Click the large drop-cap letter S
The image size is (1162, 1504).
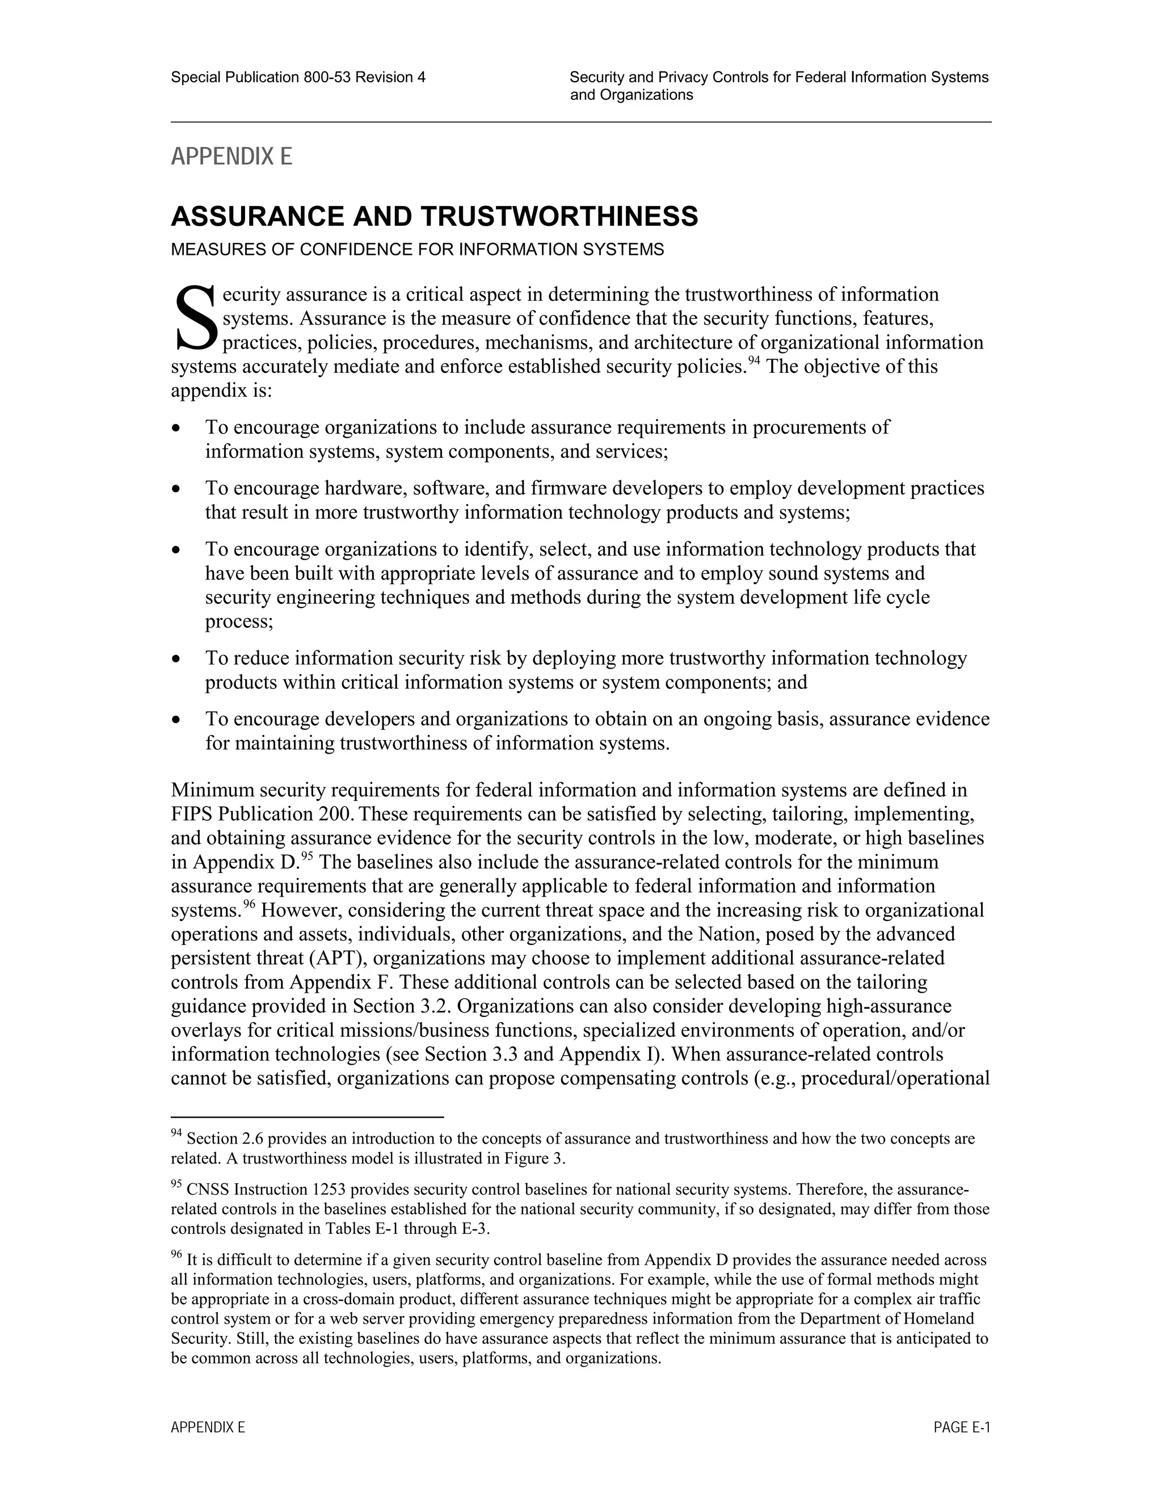195,319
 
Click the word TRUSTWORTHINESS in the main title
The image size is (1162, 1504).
559,216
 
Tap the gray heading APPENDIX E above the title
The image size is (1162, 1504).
231,157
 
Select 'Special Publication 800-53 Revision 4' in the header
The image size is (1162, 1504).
298,78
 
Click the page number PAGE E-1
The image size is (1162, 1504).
961,1427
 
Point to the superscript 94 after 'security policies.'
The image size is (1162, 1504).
755,362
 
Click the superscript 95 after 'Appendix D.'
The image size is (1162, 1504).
307,856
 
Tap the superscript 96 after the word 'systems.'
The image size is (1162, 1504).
249,905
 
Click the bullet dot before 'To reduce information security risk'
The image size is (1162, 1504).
178,659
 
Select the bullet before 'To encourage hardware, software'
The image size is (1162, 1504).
178,489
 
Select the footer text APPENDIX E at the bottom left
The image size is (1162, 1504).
208,1427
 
